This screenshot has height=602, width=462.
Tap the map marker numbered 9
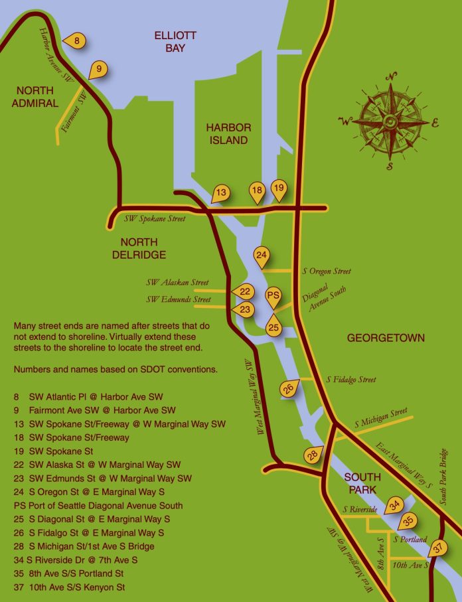pos(98,68)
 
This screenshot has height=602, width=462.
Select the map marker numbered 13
pos(221,193)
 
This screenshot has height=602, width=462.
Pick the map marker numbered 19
pos(279,188)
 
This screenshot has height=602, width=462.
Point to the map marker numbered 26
pos(288,389)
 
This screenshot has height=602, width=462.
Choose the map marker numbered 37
pos(437,548)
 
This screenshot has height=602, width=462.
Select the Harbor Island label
pos(228,133)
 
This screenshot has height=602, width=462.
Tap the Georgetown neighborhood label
pos(386,339)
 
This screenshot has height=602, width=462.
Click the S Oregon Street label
pos(326,271)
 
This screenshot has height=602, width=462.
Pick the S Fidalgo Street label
pos(350,380)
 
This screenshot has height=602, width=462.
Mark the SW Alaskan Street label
pos(177,283)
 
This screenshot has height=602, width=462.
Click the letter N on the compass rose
pos(392,75)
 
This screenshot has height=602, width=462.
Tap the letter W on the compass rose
pos(345,121)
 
